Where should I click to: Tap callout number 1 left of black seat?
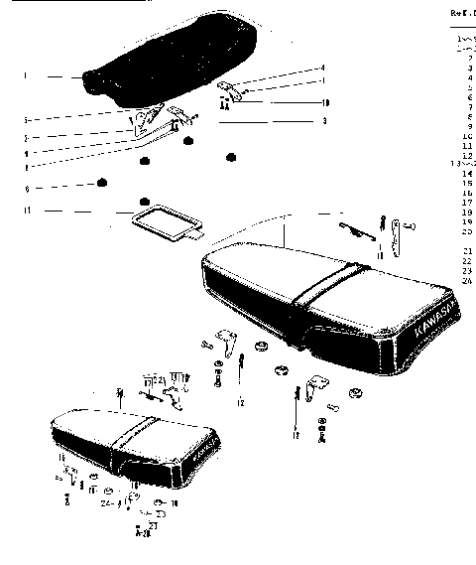coord(26,76)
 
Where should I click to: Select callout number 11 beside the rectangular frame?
coord(29,211)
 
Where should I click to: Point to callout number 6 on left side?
coord(28,187)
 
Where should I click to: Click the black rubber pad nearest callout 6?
coord(101,184)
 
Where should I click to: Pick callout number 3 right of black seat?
coord(323,120)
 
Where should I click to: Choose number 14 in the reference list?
coord(467,173)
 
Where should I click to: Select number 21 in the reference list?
coord(467,250)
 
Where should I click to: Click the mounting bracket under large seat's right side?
coord(320,386)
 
